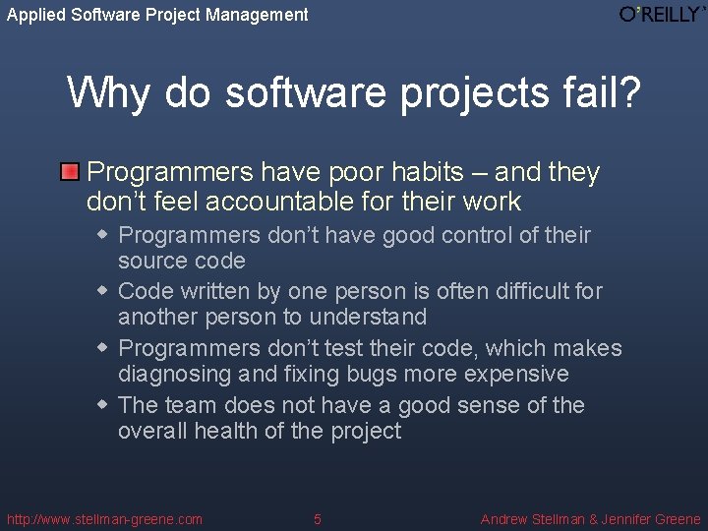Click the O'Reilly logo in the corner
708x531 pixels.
coord(661,14)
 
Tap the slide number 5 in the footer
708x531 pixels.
coord(317,519)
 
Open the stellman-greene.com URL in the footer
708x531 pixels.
coord(104,519)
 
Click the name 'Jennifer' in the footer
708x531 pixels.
coord(618,519)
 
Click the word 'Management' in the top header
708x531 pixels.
coord(258,15)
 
